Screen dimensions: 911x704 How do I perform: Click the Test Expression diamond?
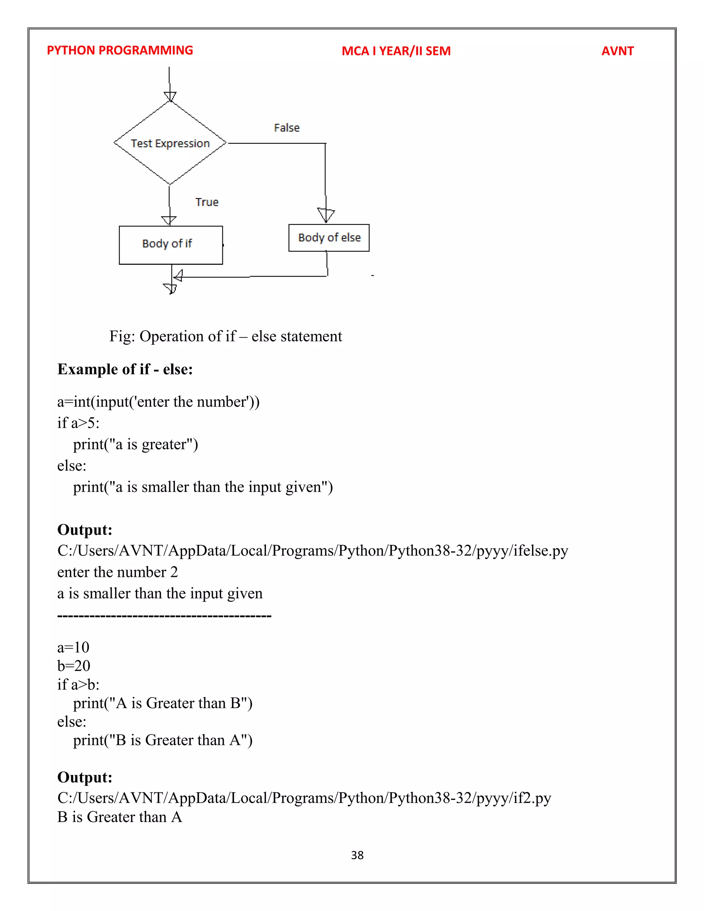(x=170, y=143)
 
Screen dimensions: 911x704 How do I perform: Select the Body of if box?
(x=170, y=245)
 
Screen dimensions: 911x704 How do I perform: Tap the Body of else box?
(x=329, y=238)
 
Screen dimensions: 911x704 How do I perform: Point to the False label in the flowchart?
(x=287, y=128)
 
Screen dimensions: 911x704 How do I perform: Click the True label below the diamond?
(x=207, y=202)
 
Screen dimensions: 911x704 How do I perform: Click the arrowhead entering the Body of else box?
(x=326, y=215)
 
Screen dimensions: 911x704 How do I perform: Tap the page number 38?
(x=357, y=855)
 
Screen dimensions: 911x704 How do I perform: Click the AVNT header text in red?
(x=617, y=51)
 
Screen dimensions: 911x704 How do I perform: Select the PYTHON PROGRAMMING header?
(x=120, y=51)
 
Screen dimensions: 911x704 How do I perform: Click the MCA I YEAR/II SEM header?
(x=396, y=51)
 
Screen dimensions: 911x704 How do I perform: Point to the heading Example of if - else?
(x=125, y=369)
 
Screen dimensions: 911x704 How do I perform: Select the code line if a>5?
(x=78, y=423)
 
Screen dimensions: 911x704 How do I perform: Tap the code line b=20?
(x=74, y=666)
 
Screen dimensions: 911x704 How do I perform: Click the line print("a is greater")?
(x=135, y=444)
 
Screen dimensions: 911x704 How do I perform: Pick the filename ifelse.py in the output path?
(x=540, y=551)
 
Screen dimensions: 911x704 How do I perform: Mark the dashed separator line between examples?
(x=164, y=616)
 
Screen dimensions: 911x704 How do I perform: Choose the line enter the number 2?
(x=118, y=572)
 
